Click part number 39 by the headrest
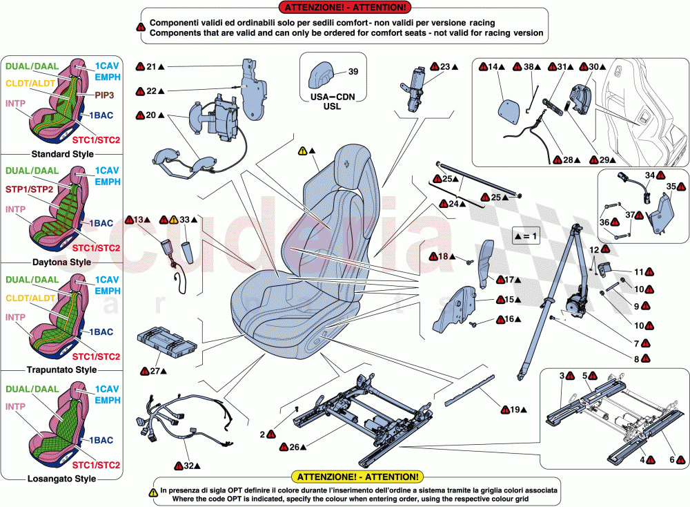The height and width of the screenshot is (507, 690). pyautogui.click(x=353, y=72)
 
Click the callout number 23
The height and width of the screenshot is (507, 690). pyautogui.click(x=444, y=67)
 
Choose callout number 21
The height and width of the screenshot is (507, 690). pyautogui.click(x=151, y=67)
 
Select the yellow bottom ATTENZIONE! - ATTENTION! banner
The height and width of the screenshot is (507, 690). pyautogui.click(x=356, y=477)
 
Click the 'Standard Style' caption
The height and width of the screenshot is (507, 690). pyautogui.click(x=62, y=154)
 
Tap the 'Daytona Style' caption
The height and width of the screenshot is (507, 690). pyautogui.click(x=61, y=262)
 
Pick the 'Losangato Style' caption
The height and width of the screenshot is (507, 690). pyautogui.click(x=61, y=478)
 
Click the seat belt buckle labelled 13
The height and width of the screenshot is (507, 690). pyautogui.click(x=170, y=245)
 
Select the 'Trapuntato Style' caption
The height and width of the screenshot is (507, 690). pyautogui.click(x=61, y=370)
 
